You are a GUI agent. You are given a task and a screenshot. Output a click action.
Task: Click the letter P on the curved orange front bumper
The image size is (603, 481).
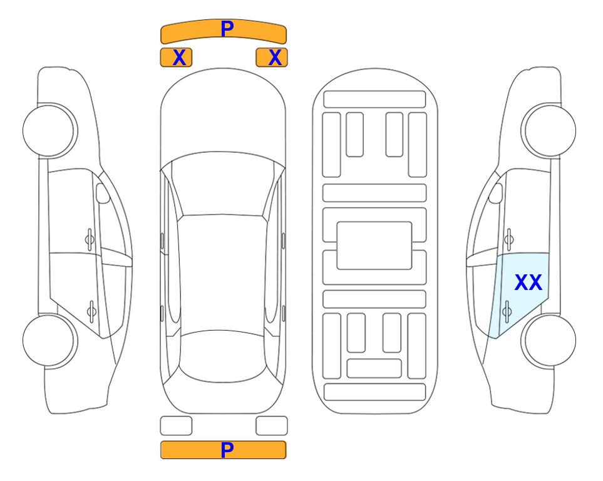[x=227, y=28]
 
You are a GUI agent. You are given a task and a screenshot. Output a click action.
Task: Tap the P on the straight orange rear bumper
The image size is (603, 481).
[x=227, y=450]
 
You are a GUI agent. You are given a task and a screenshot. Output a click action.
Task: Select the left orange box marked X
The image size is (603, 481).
[x=176, y=58]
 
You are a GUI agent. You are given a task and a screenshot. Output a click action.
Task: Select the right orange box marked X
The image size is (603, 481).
[x=272, y=58]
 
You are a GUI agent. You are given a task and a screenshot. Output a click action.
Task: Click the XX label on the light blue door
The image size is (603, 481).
[x=528, y=282]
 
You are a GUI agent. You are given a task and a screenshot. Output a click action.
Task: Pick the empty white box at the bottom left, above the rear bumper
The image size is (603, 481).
[x=176, y=426]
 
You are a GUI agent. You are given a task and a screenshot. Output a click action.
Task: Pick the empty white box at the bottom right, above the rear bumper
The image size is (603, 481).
[x=272, y=426]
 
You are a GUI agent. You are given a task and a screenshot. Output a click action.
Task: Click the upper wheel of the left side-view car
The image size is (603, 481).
[x=49, y=131]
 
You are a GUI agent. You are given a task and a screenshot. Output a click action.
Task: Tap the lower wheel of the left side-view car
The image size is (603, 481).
[x=49, y=340]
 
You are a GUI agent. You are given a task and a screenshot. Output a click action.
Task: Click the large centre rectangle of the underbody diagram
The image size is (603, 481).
[x=374, y=246]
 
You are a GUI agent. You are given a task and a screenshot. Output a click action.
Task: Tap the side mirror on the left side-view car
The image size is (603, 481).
[x=103, y=194]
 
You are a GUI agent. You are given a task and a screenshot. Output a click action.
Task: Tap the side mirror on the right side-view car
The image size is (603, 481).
[x=495, y=194]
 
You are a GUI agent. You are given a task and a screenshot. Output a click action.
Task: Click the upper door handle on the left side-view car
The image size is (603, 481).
[x=90, y=240]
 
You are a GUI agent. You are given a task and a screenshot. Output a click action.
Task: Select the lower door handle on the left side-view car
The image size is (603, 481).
[x=91, y=311]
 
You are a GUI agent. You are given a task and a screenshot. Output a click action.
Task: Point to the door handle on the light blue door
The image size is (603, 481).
[x=507, y=311]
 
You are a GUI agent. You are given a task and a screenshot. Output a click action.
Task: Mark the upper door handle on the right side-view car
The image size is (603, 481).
[x=509, y=240]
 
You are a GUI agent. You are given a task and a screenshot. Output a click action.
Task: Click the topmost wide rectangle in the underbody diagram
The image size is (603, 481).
[x=374, y=100]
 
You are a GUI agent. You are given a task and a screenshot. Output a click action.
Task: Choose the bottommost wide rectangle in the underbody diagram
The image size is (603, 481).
[x=374, y=392]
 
